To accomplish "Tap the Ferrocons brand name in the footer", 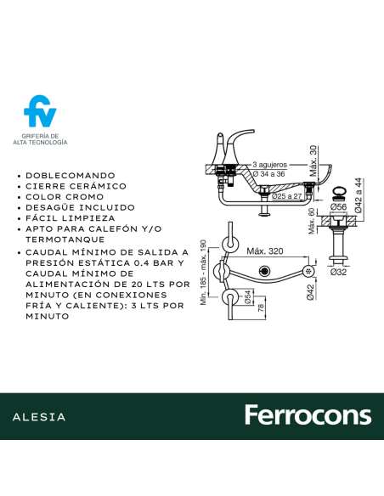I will [x=308, y=415].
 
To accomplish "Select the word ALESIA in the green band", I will [x=39, y=417].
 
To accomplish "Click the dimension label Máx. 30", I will [x=313, y=161].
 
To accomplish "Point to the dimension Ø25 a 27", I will [x=287, y=196].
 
